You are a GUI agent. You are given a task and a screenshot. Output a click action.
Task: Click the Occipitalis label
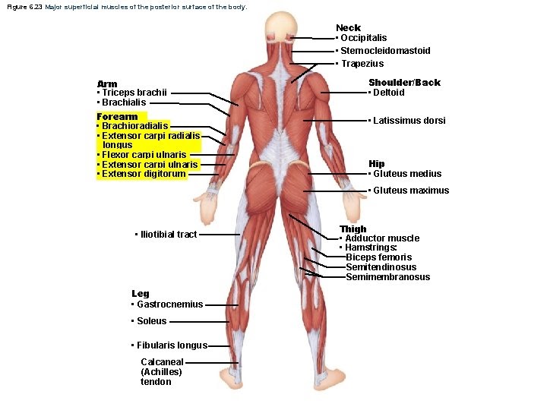363,38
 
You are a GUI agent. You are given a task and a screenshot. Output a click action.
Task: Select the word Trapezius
362,64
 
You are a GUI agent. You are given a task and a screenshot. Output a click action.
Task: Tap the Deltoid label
389,93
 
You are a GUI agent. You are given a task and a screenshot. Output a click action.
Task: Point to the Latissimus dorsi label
409,120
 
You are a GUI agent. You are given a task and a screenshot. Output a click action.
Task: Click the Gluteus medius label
407,174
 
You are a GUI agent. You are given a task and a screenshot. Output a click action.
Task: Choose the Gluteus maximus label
411,191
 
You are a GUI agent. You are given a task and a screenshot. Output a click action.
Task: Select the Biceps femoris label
378,257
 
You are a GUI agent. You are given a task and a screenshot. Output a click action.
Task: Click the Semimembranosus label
387,277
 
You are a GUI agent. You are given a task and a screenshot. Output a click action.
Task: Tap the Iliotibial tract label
169,235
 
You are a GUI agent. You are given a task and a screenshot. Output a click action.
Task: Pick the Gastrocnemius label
170,304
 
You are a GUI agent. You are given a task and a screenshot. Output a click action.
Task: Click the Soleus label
152,320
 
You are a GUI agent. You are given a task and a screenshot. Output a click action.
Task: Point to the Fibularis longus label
172,345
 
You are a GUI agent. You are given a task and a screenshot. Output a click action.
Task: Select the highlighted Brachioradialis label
135,125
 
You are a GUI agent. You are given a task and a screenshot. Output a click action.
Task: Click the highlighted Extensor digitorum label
144,174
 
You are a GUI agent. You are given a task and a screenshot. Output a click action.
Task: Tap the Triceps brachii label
134,93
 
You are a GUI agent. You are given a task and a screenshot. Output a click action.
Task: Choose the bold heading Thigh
353,229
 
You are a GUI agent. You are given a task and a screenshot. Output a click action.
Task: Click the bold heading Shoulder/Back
405,83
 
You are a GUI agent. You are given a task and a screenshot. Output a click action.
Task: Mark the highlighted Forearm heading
117,116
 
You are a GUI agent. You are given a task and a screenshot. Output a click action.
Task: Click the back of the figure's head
281,25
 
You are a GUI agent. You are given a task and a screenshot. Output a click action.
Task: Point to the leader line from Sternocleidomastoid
313,52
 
